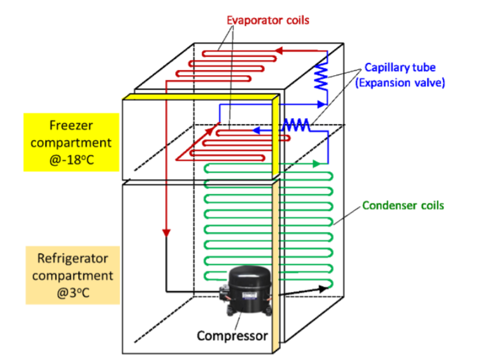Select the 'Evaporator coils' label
click(268, 20)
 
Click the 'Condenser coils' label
click(403, 206)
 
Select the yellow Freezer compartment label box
click(72, 142)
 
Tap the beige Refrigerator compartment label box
click(72, 275)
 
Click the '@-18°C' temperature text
click(72, 159)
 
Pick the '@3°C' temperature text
click(72, 292)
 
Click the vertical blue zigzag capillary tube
click(321, 77)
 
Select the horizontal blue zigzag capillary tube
click(296, 125)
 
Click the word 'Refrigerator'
click(72, 258)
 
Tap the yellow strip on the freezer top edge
click(200, 97)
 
